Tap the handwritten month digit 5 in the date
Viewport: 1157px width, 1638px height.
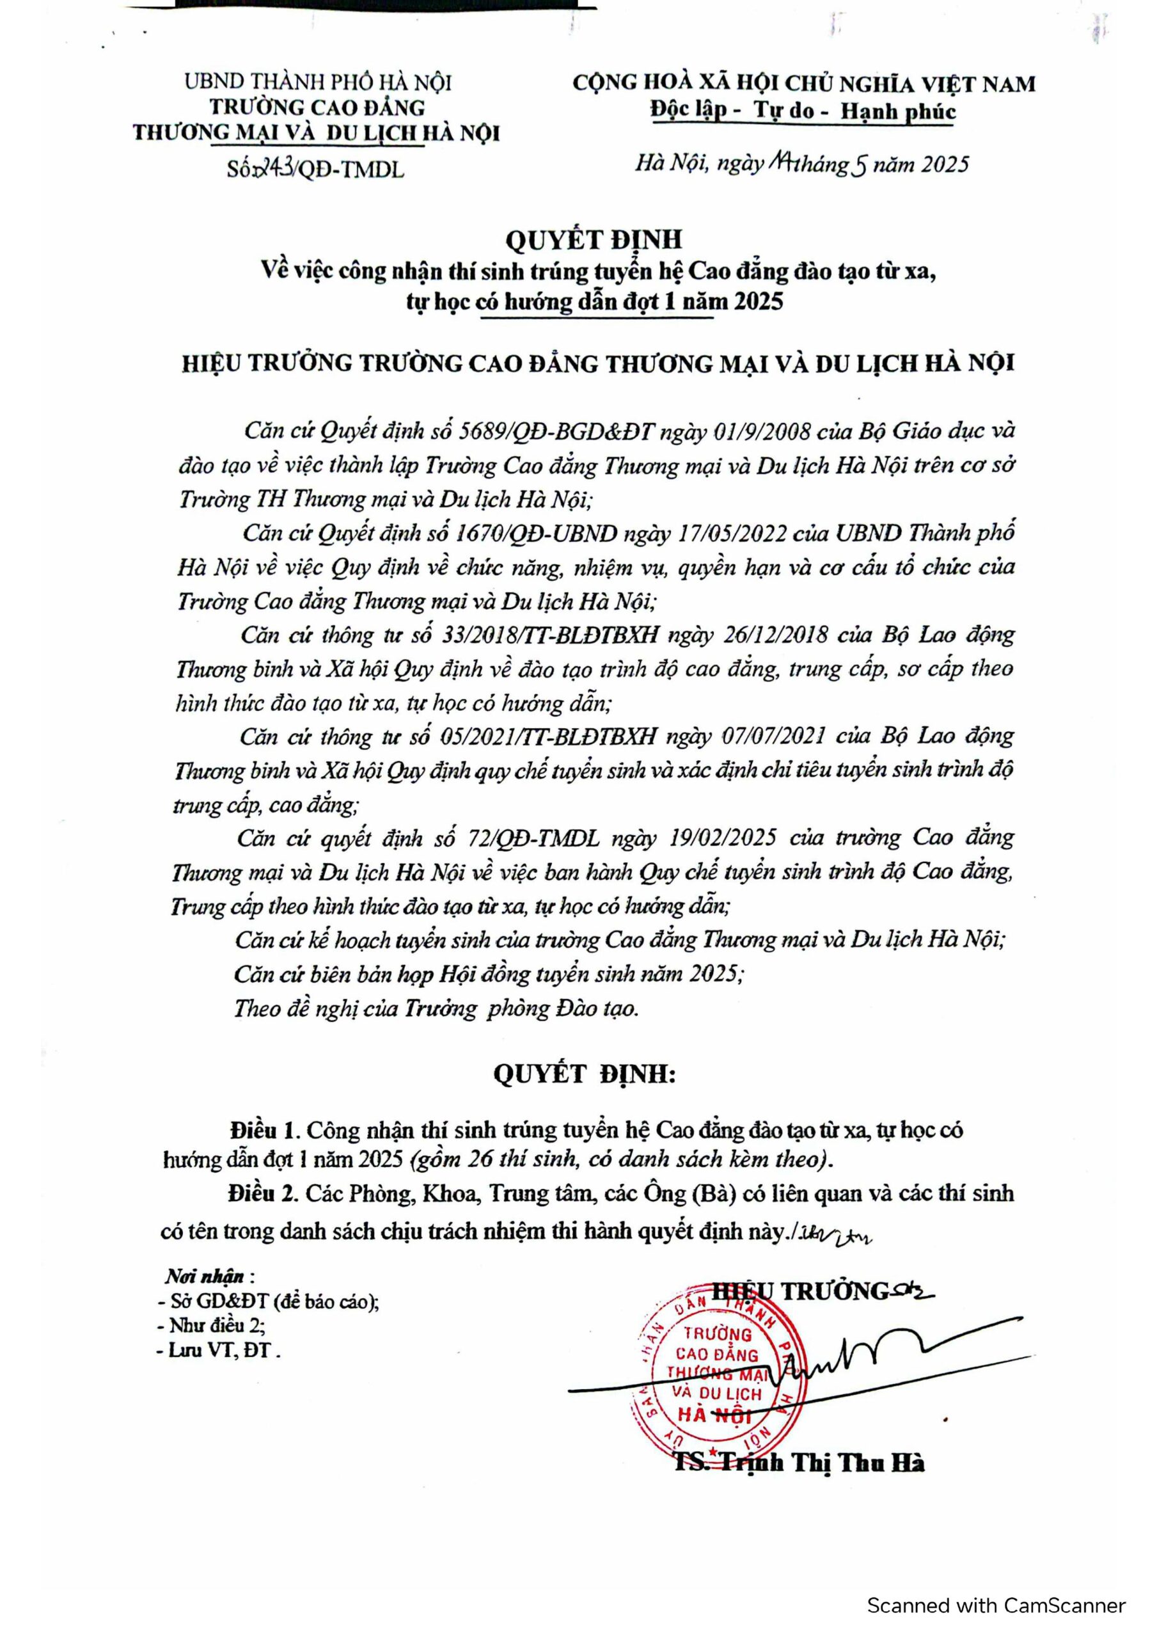point(860,165)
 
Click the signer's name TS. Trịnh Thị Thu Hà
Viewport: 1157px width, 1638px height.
point(799,1463)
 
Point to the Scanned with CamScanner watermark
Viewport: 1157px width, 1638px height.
point(996,1606)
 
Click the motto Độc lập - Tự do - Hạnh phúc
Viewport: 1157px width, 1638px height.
point(803,111)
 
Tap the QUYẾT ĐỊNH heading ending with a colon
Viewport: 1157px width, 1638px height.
point(584,1074)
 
